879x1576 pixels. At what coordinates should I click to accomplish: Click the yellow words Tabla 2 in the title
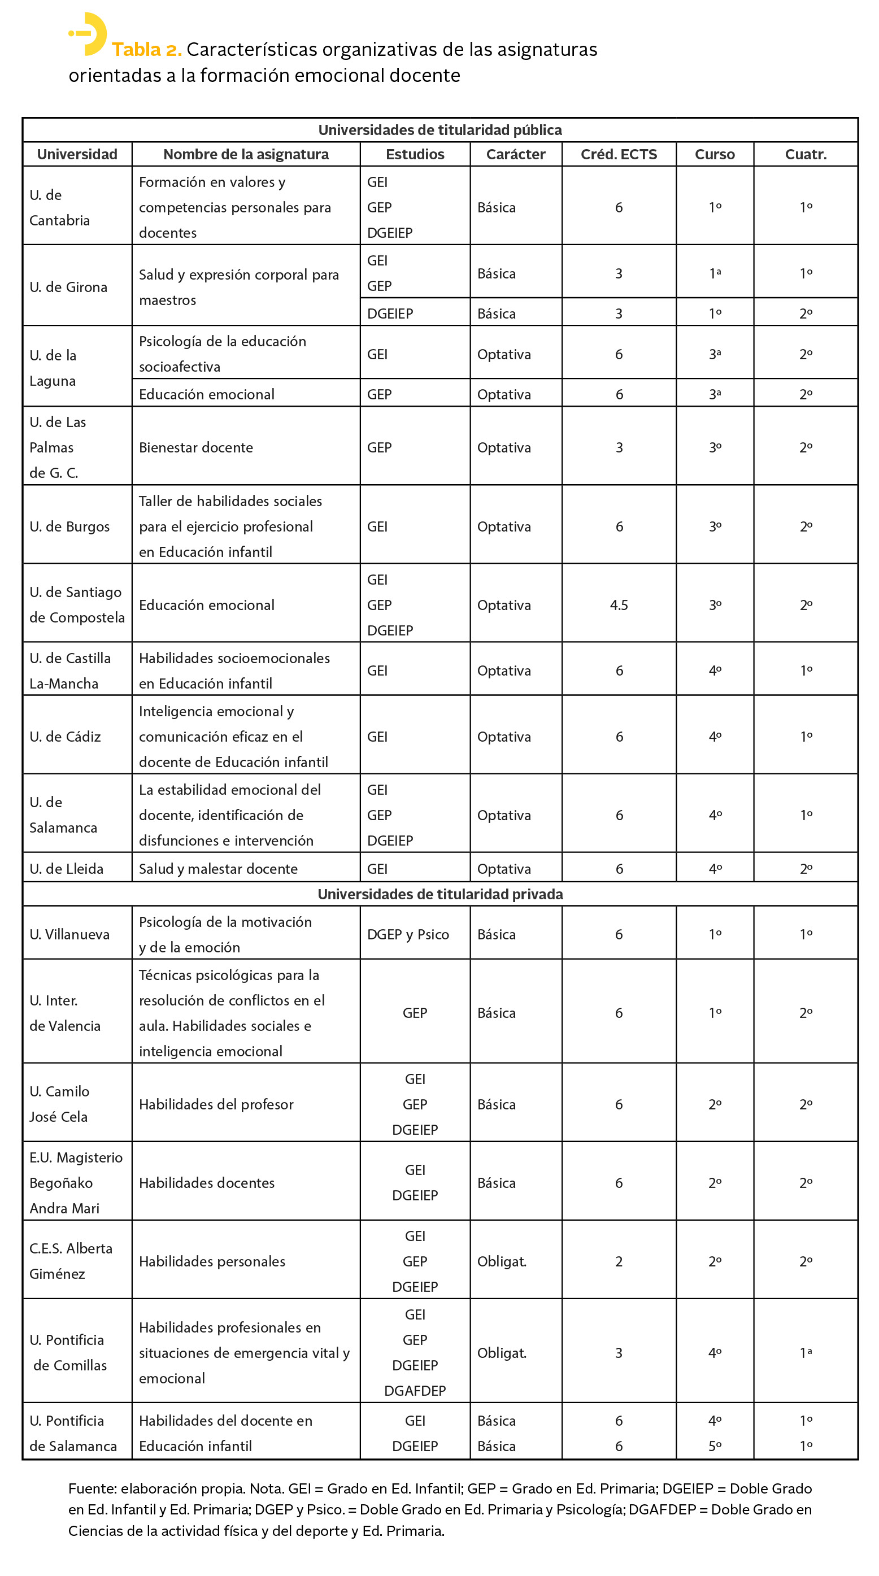[x=146, y=50]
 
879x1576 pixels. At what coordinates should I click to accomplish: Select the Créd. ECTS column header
[x=619, y=154]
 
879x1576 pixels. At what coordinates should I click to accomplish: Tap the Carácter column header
[x=515, y=154]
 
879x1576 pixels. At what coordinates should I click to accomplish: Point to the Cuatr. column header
[x=805, y=154]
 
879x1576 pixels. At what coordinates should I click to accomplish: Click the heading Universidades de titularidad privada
[x=440, y=894]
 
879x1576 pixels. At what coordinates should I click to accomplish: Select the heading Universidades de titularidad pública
[x=440, y=130]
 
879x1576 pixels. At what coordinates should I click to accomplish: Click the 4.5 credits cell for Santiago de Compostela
[x=619, y=605]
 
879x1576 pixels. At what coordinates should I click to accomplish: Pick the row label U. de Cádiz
[x=65, y=737]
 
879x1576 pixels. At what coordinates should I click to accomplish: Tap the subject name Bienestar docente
[x=195, y=447]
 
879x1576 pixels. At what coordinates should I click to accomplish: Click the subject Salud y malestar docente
[x=217, y=869]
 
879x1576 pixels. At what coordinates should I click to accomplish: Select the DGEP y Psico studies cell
[x=407, y=934]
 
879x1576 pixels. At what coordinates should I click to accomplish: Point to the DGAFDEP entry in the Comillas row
[x=415, y=1391]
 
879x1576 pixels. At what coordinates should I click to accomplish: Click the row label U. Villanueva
[x=69, y=934]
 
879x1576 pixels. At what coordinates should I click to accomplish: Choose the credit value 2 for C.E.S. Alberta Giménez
[x=619, y=1261]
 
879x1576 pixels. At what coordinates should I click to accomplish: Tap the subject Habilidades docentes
[x=206, y=1183]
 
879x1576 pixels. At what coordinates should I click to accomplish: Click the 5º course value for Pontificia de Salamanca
[x=715, y=1446]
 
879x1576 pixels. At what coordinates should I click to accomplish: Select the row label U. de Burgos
[x=69, y=527]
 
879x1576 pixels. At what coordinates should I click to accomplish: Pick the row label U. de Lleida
[x=66, y=869]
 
